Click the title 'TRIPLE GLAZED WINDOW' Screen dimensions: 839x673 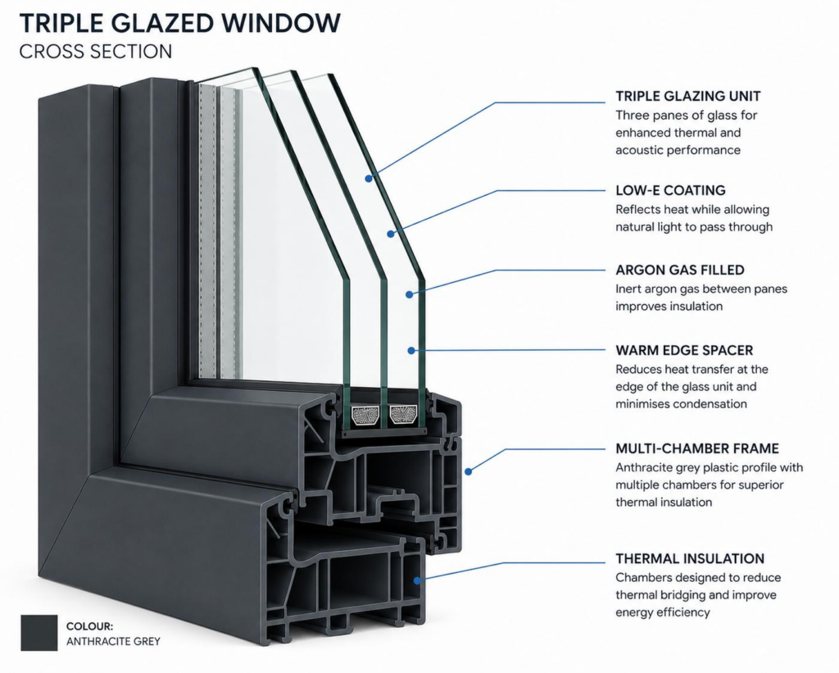(179, 22)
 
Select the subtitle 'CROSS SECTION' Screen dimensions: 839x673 (96, 52)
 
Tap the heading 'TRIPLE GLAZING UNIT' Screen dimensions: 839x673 (687, 97)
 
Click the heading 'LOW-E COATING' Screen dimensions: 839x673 (670, 191)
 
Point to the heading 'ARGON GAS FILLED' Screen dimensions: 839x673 (679, 270)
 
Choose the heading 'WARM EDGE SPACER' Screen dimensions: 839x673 (684, 350)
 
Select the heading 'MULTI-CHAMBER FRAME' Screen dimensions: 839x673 (696, 448)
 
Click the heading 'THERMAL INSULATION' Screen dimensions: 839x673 (690, 559)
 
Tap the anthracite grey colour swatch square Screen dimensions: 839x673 (39, 633)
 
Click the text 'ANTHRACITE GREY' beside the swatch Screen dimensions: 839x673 (113, 641)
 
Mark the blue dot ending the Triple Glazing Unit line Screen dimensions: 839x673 (369, 178)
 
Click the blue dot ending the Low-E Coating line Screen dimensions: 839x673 (391, 234)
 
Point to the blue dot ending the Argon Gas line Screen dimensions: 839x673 (409, 294)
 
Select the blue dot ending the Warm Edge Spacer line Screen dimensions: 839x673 (411, 351)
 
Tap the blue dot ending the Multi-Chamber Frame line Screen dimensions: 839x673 (468, 471)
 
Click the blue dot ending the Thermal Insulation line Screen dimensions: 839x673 (417, 580)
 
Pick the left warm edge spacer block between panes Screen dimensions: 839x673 (365, 415)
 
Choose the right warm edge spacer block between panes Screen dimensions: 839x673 (402, 415)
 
